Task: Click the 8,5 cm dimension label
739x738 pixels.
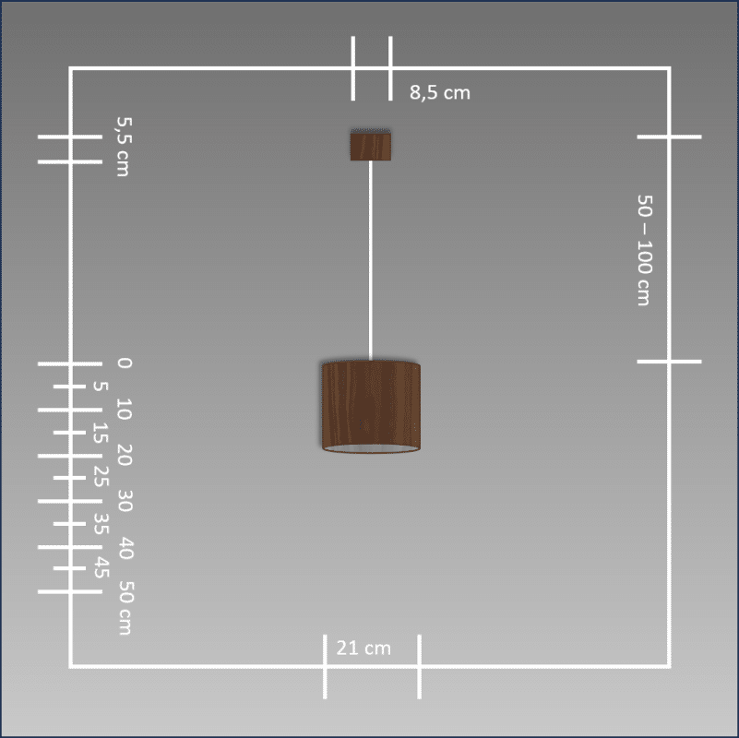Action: coord(440,92)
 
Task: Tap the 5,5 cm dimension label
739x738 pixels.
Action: coord(124,147)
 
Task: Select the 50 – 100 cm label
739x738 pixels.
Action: coord(644,250)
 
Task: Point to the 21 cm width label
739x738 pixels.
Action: coord(364,648)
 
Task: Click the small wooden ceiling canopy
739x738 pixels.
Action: coord(371,145)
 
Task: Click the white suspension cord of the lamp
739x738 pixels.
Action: coord(371,260)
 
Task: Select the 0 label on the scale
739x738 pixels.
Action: coord(125,363)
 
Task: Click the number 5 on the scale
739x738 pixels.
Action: coord(101,387)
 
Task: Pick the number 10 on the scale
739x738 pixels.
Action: coord(125,409)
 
